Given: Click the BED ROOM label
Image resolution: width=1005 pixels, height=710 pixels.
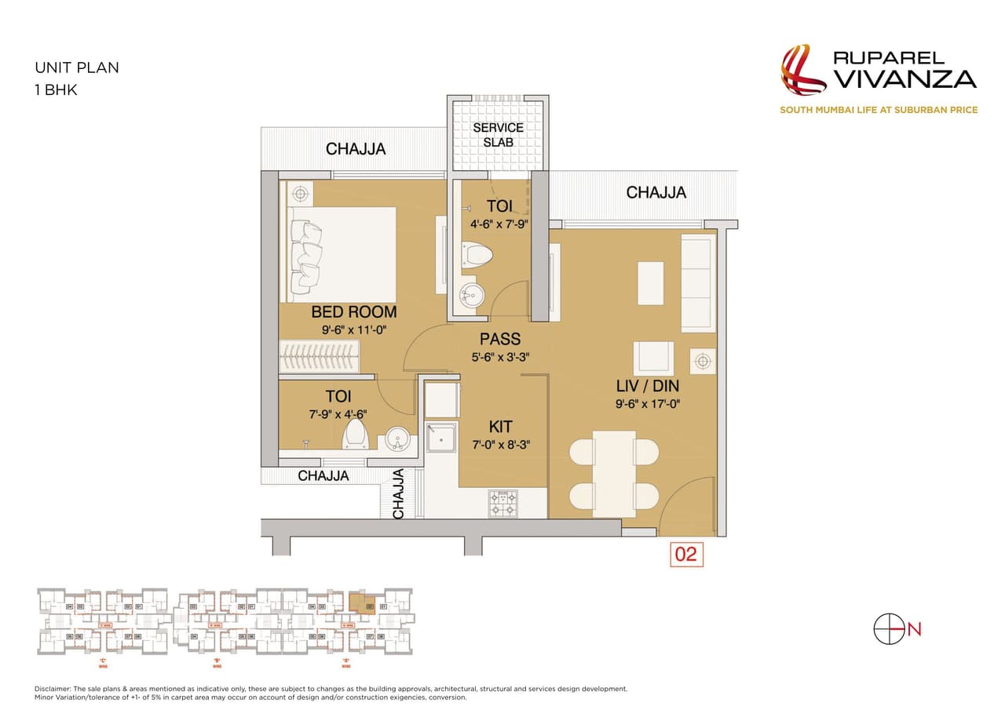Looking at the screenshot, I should pos(353,311).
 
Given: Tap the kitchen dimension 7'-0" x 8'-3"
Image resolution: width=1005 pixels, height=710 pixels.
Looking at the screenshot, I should pos(500,444).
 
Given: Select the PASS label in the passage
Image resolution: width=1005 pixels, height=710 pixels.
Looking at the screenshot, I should pos(500,339).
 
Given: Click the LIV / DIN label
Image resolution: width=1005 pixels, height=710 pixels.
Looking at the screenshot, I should pos(647,386).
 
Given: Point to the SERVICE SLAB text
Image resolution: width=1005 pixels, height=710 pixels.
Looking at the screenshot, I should pos(498,134).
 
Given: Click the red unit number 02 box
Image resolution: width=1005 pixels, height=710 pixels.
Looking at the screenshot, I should pos(685,554).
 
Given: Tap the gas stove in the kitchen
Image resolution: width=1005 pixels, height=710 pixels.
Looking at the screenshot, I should pos(502,504).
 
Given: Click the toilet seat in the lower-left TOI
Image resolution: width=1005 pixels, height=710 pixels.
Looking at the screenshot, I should pos(356,434).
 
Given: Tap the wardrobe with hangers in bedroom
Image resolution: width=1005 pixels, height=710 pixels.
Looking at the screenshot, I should pos(320,359).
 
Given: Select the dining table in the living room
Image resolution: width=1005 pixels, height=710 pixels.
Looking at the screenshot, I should pos(614,473).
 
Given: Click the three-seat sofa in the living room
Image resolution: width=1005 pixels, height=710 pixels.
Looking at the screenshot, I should pos(697,282).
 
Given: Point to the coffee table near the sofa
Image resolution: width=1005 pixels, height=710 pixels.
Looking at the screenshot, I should pos(650,283).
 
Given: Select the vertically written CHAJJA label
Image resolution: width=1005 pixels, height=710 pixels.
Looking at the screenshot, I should pos(398,493).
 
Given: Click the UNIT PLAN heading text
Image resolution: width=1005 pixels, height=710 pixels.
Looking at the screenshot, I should pos(77,67).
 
